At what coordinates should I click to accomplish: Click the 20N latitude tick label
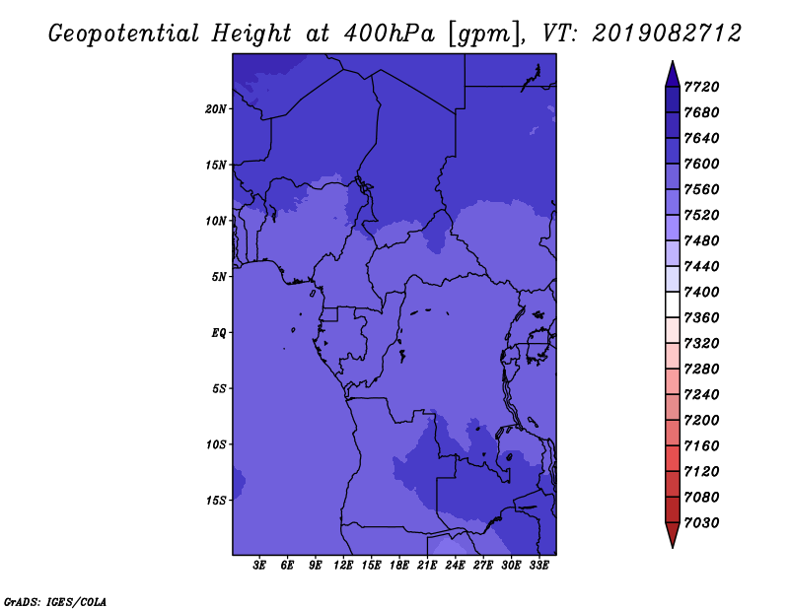coord(215,109)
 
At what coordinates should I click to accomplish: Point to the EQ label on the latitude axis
coord(218,333)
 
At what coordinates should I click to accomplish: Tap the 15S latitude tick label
coord(216,501)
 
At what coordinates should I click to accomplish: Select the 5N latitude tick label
coord(218,277)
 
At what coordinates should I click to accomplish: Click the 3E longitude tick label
coord(259,566)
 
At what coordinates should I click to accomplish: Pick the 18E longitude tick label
coord(399,566)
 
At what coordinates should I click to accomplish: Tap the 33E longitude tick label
coord(538,566)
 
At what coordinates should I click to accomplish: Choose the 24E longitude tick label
coord(455,566)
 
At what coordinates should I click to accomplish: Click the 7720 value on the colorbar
coord(701,87)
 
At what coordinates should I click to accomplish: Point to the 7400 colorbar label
coord(701,292)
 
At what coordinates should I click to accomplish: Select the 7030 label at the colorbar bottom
coord(701,523)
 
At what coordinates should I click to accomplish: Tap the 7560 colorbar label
coord(701,189)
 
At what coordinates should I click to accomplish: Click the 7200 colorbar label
coord(701,421)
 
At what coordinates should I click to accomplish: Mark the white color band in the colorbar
coord(673,304)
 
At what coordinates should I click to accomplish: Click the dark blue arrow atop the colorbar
coord(673,75)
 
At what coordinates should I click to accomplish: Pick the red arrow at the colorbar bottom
coord(673,535)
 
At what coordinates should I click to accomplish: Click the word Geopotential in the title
coord(124,34)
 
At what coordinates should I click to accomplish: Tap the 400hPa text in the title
coord(389,34)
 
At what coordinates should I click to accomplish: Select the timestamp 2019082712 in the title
coord(667,34)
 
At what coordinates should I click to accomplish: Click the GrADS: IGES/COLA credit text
coord(55,602)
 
